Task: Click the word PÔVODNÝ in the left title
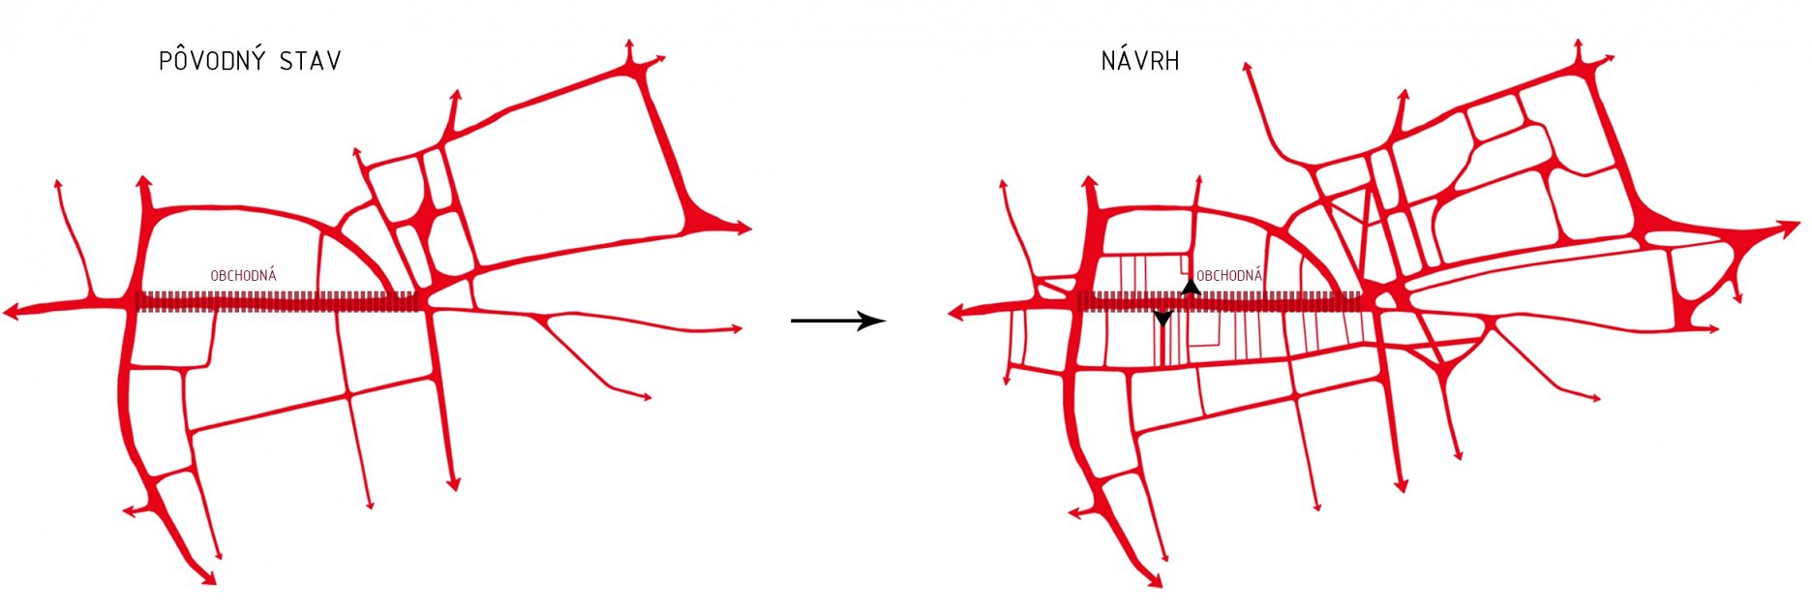pyautogui.click(x=213, y=60)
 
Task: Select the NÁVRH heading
pyautogui.click(x=1140, y=61)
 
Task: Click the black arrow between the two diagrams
pyautogui.click(x=838, y=321)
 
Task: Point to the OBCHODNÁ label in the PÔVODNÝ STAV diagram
pyautogui.click(x=244, y=276)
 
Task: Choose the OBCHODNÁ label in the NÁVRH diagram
pyautogui.click(x=1229, y=276)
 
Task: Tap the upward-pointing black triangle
pyautogui.click(x=1191, y=287)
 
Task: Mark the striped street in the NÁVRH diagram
pyautogui.click(x=1221, y=302)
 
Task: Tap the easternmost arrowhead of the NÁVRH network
pyautogui.click(x=1789, y=230)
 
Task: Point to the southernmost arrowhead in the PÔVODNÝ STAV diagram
pyautogui.click(x=207, y=577)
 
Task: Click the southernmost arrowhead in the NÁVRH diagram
pyautogui.click(x=1153, y=580)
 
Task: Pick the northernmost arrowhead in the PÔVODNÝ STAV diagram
pyautogui.click(x=629, y=45)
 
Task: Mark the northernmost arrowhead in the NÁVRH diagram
pyautogui.click(x=1578, y=45)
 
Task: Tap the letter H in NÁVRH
pyautogui.click(x=1172, y=62)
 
